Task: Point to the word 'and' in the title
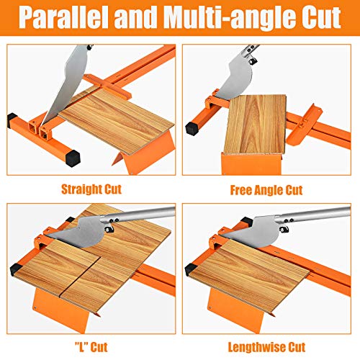(x=140, y=17)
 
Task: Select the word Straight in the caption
(x=78, y=191)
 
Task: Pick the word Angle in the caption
(x=273, y=191)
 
